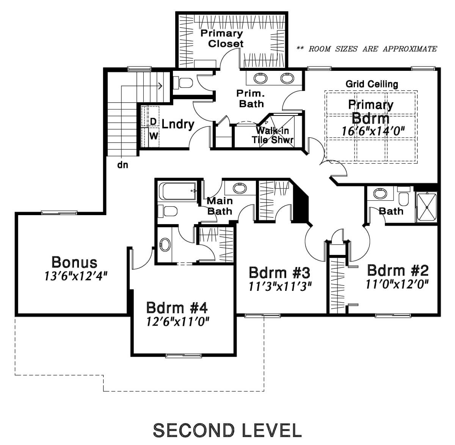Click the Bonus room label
click(74, 262)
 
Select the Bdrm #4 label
click(177, 308)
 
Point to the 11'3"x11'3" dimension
click(280, 287)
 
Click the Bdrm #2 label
click(398, 270)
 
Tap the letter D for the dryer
click(153, 122)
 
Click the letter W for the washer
click(154, 136)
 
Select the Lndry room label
click(178, 124)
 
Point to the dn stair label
click(122, 165)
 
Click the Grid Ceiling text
click(372, 84)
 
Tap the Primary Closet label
click(222, 39)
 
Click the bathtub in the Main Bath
click(178, 191)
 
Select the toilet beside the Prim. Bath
click(183, 83)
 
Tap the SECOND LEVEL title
click(227, 430)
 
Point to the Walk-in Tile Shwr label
click(273, 135)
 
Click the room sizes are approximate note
click(367, 49)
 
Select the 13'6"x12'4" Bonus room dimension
click(76, 276)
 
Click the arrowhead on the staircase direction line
click(161, 86)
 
